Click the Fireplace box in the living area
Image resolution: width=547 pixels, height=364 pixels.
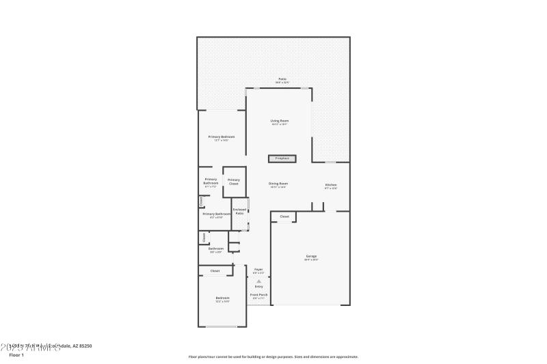coord(282,158)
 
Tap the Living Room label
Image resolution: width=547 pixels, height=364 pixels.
coord(280,121)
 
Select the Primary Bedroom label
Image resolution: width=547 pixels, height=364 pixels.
coord(222,137)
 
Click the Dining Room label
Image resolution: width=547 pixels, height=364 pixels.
coord(278,184)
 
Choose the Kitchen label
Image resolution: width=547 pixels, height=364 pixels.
coord(331,185)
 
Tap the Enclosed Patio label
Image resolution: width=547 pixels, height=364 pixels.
coord(239,212)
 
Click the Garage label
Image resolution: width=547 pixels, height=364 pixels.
coord(310,256)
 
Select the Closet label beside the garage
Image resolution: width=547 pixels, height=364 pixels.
coord(284,216)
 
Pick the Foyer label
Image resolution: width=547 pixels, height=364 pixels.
coord(258,269)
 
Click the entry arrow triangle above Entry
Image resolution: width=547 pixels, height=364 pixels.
coord(258,280)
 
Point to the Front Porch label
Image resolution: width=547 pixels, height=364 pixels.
coord(258,295)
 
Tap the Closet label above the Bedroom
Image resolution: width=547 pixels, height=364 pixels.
coord(215,271)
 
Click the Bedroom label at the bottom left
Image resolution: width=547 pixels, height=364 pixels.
coord(222,298)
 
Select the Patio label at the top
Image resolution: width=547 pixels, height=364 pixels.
coord(282,79)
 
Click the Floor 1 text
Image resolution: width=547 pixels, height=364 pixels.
coord(16,355)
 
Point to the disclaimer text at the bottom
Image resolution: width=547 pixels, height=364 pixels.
coord(273,356)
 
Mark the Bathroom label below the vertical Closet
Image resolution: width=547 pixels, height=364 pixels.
coord(216,249)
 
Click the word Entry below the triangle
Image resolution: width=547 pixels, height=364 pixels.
coord(258,286)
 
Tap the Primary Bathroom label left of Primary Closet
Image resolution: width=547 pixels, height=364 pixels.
coord(211,182)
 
